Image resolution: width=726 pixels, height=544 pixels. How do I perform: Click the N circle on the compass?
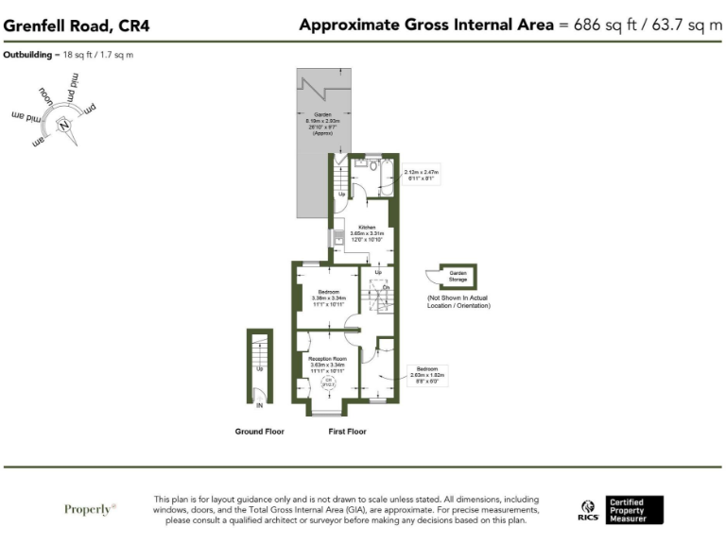point(64,125)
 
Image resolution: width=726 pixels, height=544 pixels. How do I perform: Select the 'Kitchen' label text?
point(366,227)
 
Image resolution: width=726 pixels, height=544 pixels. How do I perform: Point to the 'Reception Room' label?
point(327,359)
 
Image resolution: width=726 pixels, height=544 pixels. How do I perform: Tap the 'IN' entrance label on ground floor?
point(260,406)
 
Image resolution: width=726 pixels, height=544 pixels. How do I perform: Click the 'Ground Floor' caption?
point(260,432)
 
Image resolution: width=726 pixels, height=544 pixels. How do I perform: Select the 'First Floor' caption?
point(347,432)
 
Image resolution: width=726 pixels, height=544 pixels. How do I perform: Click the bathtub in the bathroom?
point(385,172)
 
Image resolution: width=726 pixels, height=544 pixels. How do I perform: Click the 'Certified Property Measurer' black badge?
point(634,509)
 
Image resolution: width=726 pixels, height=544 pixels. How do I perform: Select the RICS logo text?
point(588,516)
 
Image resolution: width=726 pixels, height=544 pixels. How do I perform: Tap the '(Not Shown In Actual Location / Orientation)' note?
point(458,301)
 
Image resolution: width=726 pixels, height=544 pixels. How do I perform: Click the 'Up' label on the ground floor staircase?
point(260,368)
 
